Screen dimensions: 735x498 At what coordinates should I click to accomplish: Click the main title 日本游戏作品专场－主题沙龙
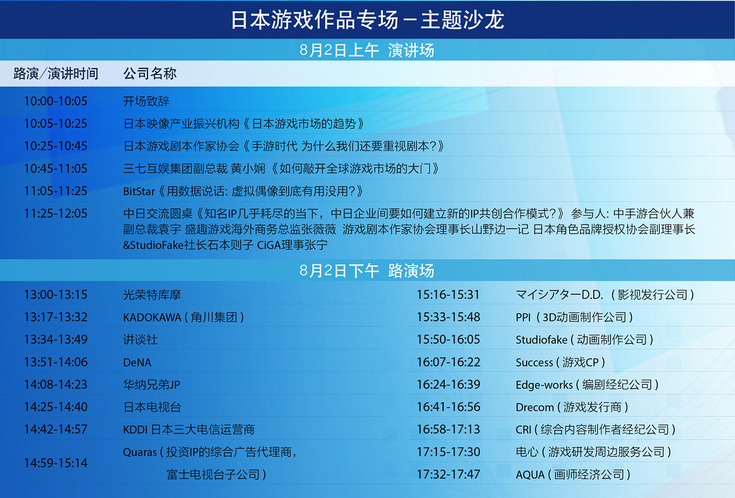367,20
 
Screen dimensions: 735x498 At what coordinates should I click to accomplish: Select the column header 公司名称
149,73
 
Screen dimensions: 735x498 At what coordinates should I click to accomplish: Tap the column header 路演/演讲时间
56,73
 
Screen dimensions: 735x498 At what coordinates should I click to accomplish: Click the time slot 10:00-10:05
56,101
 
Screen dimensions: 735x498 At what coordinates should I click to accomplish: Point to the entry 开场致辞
146,101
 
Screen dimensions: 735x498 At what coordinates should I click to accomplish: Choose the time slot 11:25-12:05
56,214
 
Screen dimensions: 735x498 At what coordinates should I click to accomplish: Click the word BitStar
139,191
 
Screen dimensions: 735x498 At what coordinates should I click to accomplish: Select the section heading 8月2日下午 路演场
367,270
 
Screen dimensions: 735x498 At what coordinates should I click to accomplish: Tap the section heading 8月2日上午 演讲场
367,50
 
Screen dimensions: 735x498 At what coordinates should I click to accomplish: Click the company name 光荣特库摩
152,295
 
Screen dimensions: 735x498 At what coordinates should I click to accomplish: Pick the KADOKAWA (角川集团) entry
184,317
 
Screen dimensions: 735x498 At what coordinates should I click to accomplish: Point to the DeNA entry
137,363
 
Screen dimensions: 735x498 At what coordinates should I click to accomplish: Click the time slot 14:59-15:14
56,463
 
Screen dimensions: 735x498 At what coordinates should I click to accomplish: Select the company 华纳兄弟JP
151,385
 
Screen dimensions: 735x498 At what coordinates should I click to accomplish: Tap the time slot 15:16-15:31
448,295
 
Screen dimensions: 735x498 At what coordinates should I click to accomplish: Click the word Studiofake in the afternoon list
541,340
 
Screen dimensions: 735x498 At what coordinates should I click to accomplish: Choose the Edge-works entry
587,385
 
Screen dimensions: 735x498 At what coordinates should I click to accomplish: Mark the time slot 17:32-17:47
448,475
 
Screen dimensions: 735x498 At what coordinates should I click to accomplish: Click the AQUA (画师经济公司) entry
573,475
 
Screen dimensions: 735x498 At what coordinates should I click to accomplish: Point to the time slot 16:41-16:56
448,407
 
